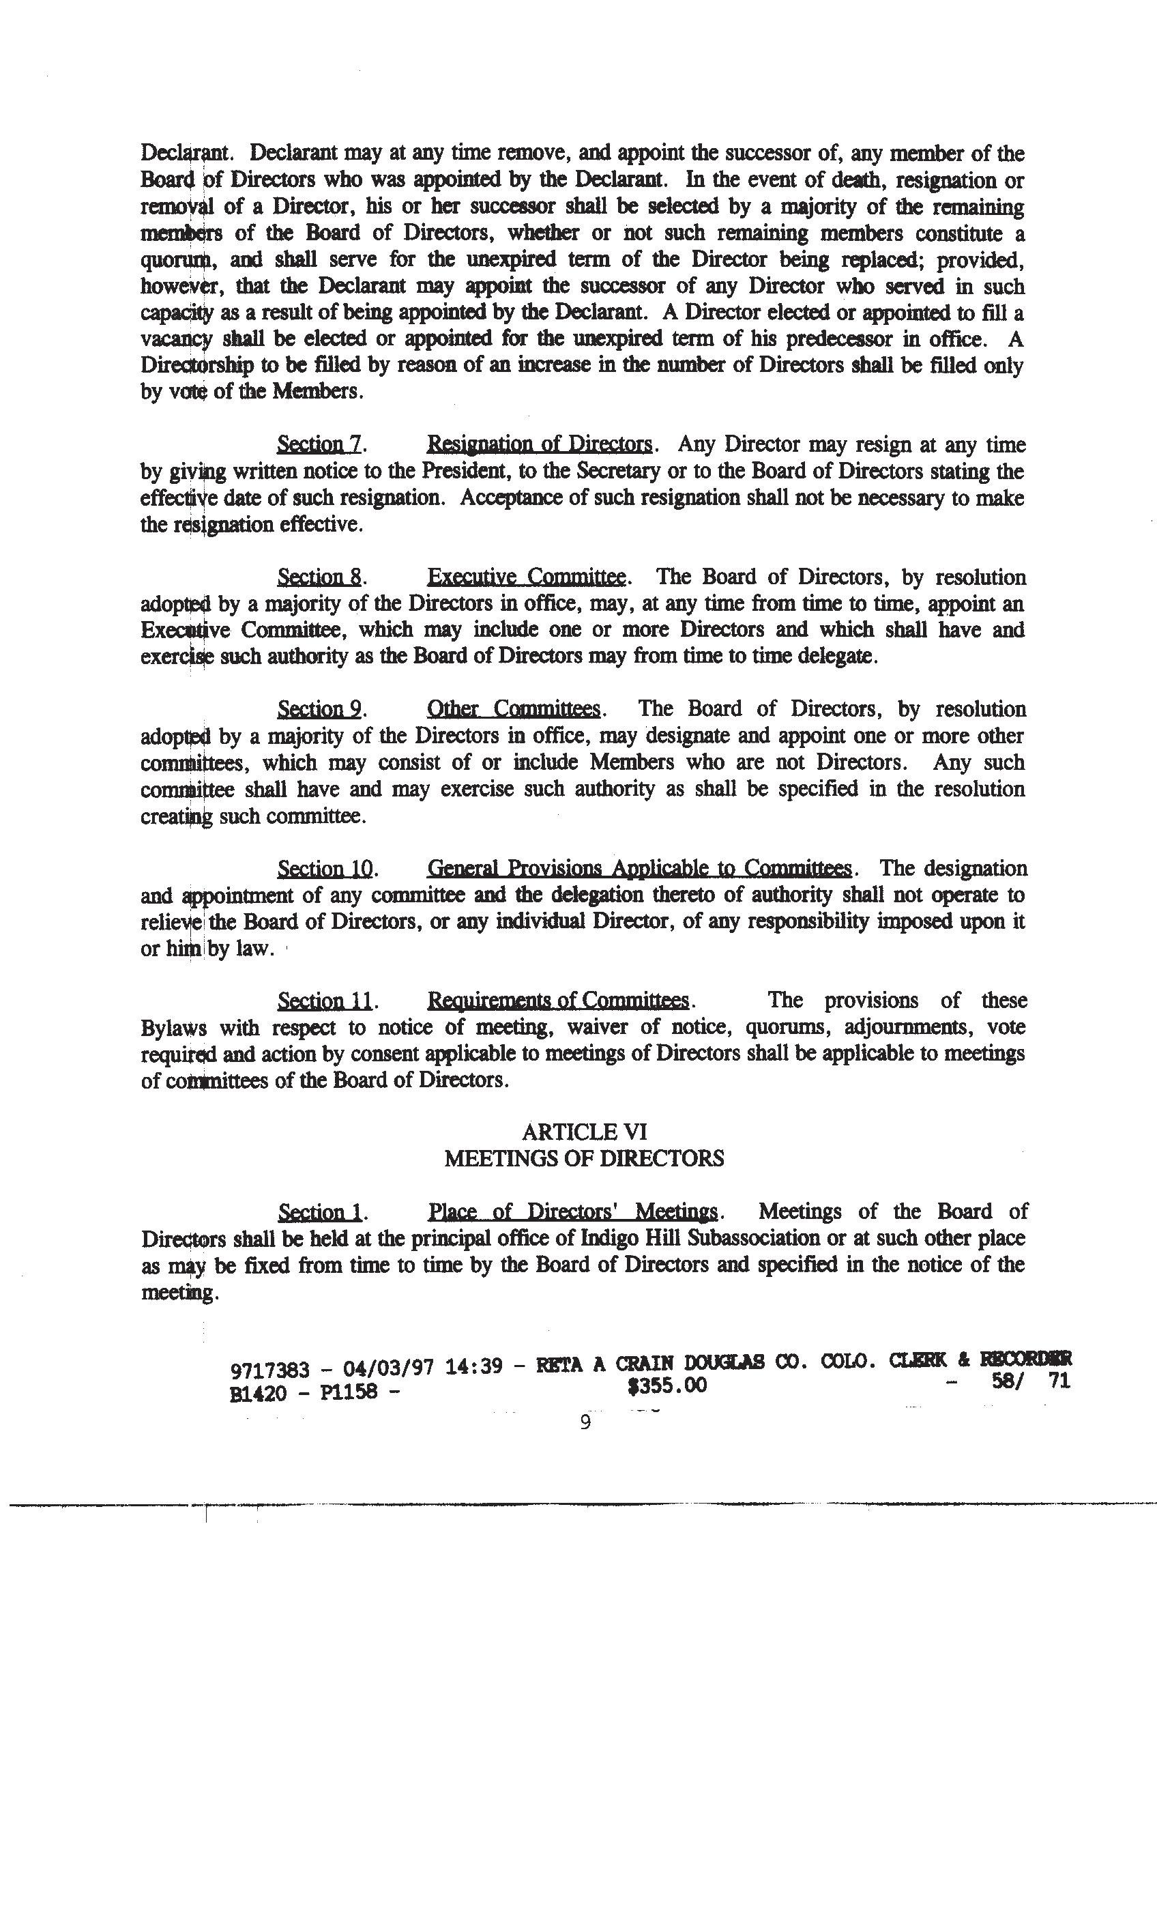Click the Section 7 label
319,444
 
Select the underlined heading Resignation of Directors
539,444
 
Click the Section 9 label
319,709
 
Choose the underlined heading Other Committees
514,709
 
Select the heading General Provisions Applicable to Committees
639,868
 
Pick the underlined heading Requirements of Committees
557,1001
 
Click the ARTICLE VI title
584,1132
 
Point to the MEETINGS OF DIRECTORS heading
584,1159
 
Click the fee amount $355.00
668,1385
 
